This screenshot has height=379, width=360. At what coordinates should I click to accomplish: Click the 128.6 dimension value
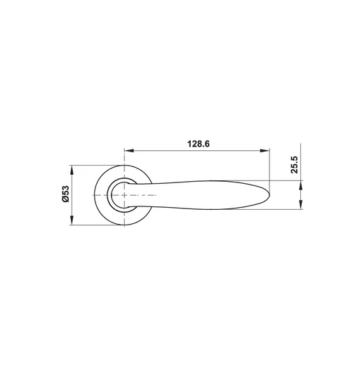[199, 144]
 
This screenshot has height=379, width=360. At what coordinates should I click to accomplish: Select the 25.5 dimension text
[294, 165]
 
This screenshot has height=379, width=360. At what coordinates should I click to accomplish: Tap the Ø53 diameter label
[65, 194]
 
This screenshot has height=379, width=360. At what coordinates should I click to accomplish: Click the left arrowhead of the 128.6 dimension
[129, 151]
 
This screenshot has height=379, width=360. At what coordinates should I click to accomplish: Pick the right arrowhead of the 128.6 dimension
[265, 151]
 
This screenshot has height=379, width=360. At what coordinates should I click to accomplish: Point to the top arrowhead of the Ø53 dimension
[72, 170]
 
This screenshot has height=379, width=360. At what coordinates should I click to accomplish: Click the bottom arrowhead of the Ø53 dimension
[72, 220]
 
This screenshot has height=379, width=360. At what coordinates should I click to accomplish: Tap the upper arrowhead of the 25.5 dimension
[300, 185]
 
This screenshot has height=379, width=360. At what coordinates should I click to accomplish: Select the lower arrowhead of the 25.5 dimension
[300, 204]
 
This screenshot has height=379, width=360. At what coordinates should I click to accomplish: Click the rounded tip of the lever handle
[269, 195]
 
